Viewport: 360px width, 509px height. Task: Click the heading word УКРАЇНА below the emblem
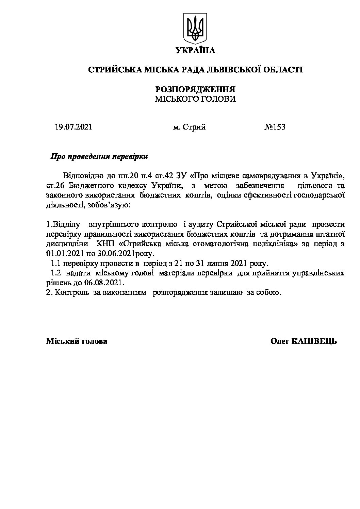pyautogui.click(x=195, y=51)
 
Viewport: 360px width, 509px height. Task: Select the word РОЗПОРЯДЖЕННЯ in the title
pyautogui.click(x=195, y=89)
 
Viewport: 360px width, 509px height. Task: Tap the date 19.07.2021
pyautogui.click(x=73, y=127)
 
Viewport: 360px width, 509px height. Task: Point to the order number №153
pyautogui.click(x=275, y=127)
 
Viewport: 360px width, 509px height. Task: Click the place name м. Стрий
pyautogui.click(x=189, y=127)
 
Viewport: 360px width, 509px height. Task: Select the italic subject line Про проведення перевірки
pyautogui.click(x=99, y=157)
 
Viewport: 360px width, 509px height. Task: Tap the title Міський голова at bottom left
pyautogui.click(x=77, y=341)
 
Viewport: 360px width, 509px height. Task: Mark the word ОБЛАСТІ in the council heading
pyautogui.click(x=284, y=70)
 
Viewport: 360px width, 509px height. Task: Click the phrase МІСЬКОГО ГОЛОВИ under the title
pyautogui.click(x=195, y=99)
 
